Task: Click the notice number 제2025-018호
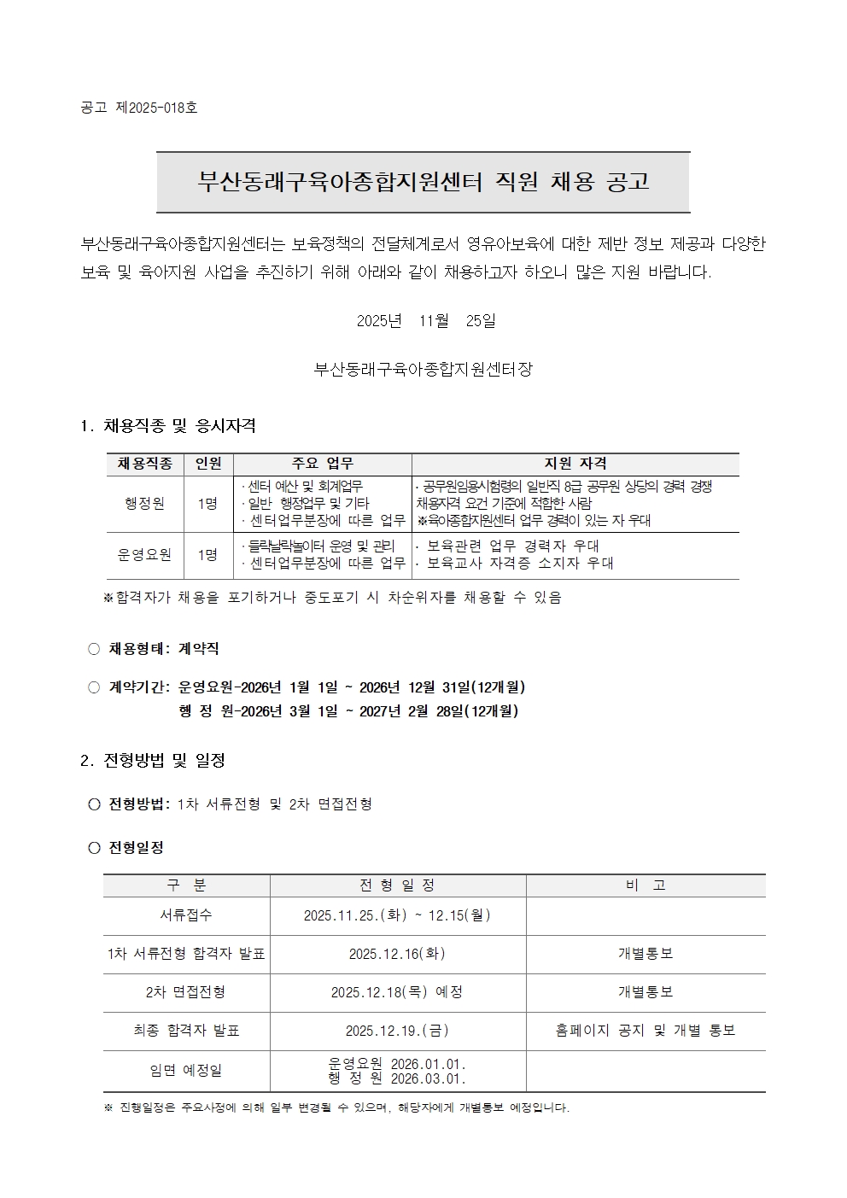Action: tap(156, 108)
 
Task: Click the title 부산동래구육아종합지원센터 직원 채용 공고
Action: tap(423, 182)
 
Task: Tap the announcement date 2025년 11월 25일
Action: tap(425, 321)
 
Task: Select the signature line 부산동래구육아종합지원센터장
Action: tap(423, 370)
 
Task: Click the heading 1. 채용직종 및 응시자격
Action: tap(168, 425)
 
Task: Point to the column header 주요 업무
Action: tap(322, 464)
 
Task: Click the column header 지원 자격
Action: tap(575, 464)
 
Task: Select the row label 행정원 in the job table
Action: tap(144, 503)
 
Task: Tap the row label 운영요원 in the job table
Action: tap(144, 554)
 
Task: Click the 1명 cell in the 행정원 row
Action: tap(207, 503)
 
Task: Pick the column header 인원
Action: tap(208, 464)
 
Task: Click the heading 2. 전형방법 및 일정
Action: tap(153, 760)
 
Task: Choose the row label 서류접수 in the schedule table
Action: tap(186, 915)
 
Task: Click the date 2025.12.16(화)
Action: tap(397, 954)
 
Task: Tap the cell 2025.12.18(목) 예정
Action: tap(397, 992)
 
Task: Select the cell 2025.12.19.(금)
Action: tap(397, 1031)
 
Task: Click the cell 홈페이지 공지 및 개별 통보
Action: tap(645, 1031)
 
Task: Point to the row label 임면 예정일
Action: tap(186, 1071)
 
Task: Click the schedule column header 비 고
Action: tap(645, 885)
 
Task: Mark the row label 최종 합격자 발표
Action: tap(186, 1031)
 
